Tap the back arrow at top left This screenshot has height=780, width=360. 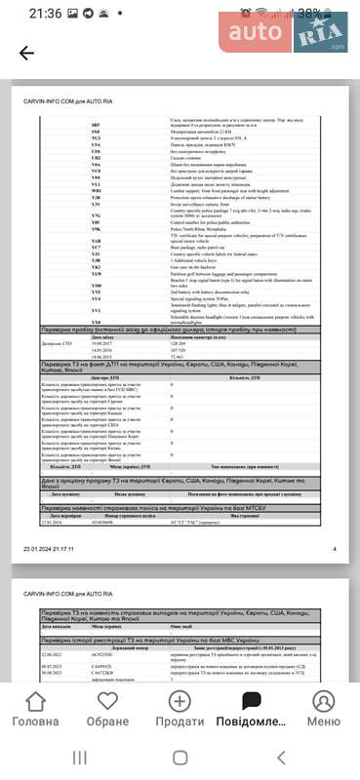(x=26, y=54)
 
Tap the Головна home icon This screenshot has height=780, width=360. (x=35, y=702)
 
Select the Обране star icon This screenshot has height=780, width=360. (x=107, y=702)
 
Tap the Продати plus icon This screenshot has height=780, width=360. (x=180, y=702)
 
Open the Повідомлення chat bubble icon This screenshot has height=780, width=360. (x=252, y=702)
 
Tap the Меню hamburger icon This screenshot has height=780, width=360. (x=324, y=702)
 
